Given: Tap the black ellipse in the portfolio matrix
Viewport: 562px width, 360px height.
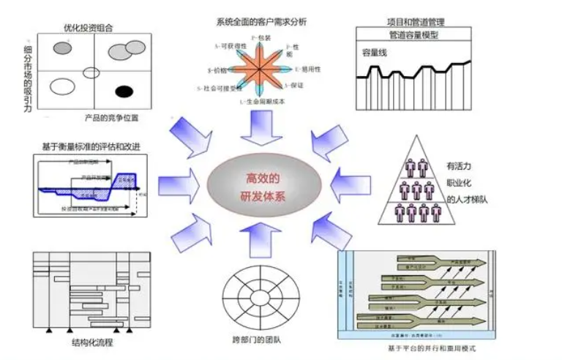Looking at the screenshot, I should pos(125,91).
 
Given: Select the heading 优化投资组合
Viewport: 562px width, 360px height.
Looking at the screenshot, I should pos(89,29).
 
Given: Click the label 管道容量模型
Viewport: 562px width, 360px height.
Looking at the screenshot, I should pos(415,35).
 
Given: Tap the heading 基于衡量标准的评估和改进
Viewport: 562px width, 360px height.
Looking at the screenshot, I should pos(91,146).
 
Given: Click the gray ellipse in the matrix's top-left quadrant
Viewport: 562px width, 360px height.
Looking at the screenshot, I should pos(64,49).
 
